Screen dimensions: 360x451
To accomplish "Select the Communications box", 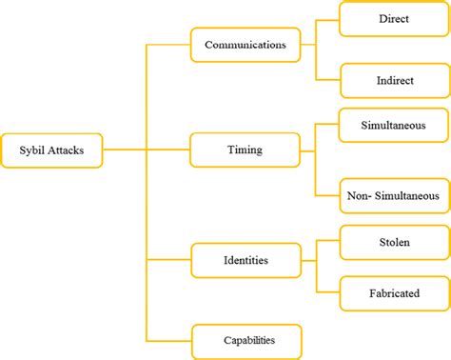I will [246, 44].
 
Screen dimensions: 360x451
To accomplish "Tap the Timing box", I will [246, 150].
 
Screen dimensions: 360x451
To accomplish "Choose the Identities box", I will [246, 258].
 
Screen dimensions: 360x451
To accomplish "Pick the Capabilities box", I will [246, 340].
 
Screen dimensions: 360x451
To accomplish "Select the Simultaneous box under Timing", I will [393, 125].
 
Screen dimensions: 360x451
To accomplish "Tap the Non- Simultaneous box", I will [393, 196].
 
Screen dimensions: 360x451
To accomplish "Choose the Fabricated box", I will [393, 292].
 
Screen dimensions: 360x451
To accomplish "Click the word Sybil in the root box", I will [35, 150].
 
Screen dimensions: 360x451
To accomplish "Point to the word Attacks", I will [69, 150].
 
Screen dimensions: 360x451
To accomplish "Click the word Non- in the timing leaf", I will [359, 196].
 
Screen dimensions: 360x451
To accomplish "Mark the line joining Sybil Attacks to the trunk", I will [125, 150].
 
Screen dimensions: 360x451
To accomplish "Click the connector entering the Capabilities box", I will [168, 340].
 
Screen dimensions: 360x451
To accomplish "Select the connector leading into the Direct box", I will [328, 19].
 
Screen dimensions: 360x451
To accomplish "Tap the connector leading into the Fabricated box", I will [328, 292].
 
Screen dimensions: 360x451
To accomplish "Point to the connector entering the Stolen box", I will [328, 242].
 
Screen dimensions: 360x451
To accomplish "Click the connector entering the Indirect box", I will [328, 80].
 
